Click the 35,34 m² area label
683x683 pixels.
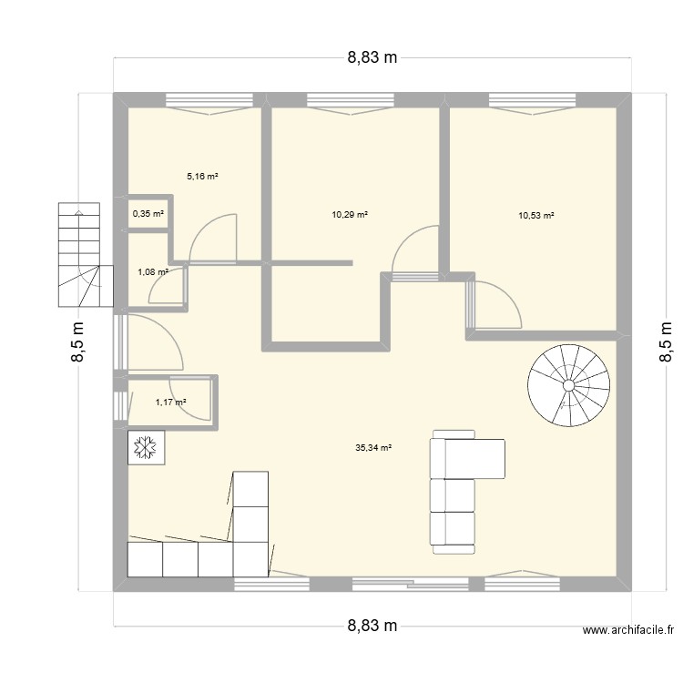click(x=374, y=448)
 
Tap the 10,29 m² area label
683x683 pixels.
click(x=350, y=215)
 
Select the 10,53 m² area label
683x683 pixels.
click(x=536, y=216)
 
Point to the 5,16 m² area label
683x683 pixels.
click(x=202, y=177)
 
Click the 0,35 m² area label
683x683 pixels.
click(x=148, y=214)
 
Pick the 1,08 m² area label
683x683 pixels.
click(x=152, y=271)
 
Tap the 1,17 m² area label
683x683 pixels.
click(x=170, y=402)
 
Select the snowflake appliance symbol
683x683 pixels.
click(x=144, y=447)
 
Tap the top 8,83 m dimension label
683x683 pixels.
click(x=372, y=57)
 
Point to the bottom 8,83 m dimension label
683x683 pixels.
click(x=372, y=626)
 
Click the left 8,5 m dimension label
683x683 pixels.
click(x=79, y=341)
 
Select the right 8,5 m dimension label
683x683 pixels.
click(x=666, y=341)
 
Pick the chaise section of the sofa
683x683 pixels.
click(x=467, y=458)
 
